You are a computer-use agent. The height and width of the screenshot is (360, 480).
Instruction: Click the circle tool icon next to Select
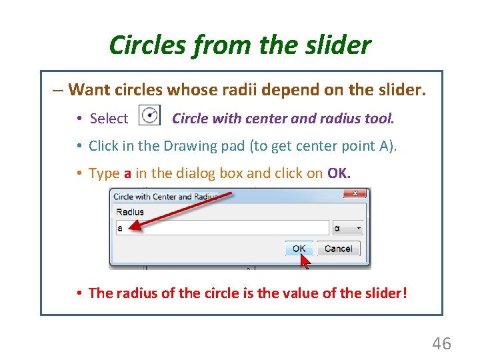coord(149,116)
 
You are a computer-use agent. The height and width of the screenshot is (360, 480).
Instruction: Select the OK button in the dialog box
coord(299,249)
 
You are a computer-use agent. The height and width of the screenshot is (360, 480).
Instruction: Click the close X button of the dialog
coord(356,195)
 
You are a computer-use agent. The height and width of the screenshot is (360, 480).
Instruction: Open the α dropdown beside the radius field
coord(347,228)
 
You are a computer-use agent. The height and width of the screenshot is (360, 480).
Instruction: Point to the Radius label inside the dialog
coord(129,212)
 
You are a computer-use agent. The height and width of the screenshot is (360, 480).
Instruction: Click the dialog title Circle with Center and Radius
coord(165,197)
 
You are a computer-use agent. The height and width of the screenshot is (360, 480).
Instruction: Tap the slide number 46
coord(441,344)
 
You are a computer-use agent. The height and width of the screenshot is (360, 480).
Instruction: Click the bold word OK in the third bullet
coord(337,173)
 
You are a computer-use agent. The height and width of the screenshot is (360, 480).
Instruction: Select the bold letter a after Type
coord(127,174)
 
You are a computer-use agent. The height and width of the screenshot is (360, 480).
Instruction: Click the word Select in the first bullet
coord(109,119)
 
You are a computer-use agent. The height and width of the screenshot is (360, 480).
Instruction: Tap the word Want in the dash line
coord(89,89)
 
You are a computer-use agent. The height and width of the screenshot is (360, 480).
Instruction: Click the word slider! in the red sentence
coord(381,293)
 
